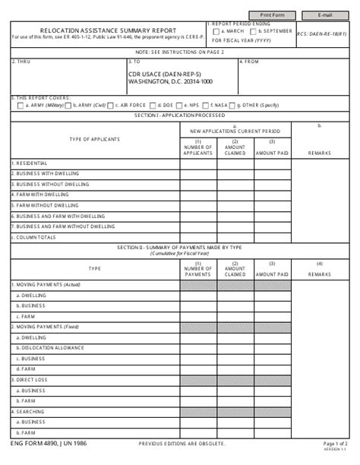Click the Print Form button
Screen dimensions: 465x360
(x=274, y=14)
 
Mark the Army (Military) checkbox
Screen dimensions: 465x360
(x=19, y=105)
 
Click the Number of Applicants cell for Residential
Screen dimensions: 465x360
(x=198, y=163)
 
